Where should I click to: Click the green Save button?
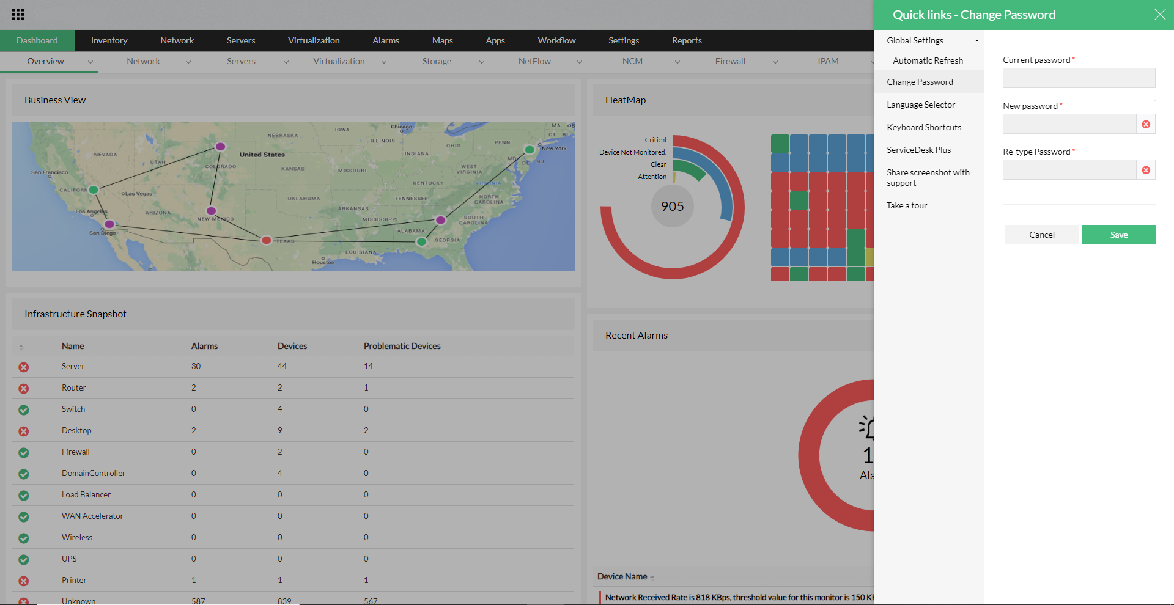tap(1118, 235)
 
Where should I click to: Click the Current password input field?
tap(1079, 78)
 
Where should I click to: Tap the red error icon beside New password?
tap(1146, 125)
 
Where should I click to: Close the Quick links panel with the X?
tap(1159, 15)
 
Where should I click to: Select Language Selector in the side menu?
tap(921, 105)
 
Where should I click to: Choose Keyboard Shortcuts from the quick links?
tap(924, 127)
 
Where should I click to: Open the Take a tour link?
tap(907, 205)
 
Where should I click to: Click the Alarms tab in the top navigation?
tap(386, 40)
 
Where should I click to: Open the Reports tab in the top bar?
tap(687, 40)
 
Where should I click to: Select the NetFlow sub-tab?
tap(534, 61)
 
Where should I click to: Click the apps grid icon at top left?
tap(18, 15)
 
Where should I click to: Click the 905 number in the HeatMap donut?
tap(672, 207)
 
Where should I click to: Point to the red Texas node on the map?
tap(267, 240)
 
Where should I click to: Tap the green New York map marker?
tap(530, 149)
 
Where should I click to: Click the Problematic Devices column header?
tap(402, 346)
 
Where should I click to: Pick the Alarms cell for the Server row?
tap(196, 366)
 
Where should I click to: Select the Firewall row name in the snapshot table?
tap(76, 452)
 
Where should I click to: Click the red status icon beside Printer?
tap(23, 581)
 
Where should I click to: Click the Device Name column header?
tap(622, 576)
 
